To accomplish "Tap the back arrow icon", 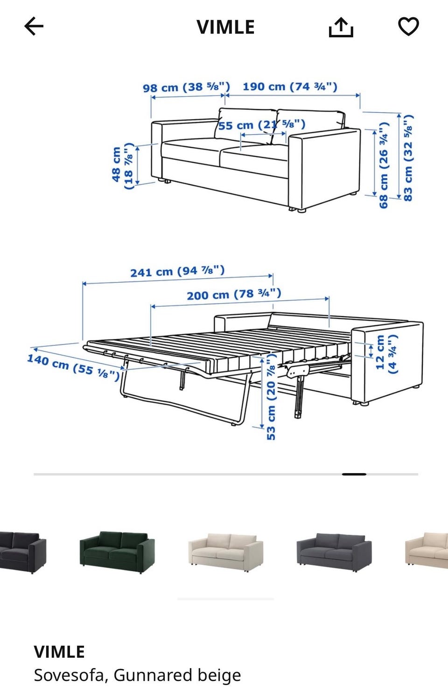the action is coord(34,26).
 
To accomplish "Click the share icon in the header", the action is coord(341,28).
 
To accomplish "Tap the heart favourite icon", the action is coord(409,27).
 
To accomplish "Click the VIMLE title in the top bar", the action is coord(226,27).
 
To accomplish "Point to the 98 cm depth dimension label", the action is coord(186,87).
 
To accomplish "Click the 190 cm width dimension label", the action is coord(290,86).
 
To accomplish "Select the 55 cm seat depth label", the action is coord(262,125).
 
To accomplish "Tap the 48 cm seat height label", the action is coord(123,166).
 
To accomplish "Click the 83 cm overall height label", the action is coord(407,158).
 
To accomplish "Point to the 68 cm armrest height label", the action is coord(383,165).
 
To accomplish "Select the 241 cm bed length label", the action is coord(177,271).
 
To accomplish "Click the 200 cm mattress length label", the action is coord(234,294).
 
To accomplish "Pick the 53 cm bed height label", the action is coord(271,397).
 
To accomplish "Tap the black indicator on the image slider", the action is coord(354,474).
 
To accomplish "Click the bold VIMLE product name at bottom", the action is coord(59,652).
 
